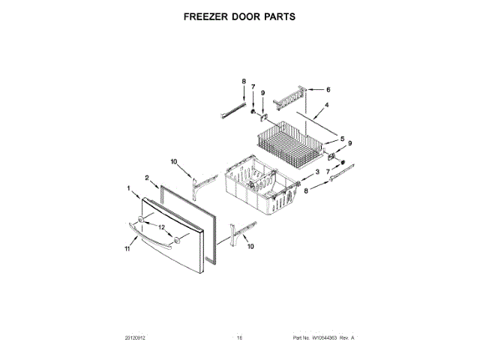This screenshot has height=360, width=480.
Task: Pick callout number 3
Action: [x=316, y=172]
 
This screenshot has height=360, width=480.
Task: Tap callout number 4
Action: [x=326, y=106]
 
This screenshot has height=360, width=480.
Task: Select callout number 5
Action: [x=342, y=139]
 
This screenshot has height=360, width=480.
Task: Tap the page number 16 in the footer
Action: [x=240, y=339]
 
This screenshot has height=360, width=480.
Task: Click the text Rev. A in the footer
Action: [x=347, y=339]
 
